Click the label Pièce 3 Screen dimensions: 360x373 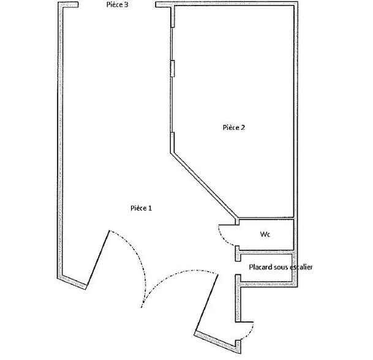click(x=117, y=4)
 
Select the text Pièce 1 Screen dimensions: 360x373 click(x=141, y=208)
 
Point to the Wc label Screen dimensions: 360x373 click(x=265, y=234)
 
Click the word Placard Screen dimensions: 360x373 click(x=260, y=268)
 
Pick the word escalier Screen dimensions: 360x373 click(x=301, y=268)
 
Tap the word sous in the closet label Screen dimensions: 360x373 click(x=280, y=268)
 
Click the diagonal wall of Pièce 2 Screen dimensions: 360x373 click(x=203, y=183)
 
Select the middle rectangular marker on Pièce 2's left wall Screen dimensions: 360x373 click(x=173, y=67)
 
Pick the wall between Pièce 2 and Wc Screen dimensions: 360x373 click(x=266, y=219)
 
